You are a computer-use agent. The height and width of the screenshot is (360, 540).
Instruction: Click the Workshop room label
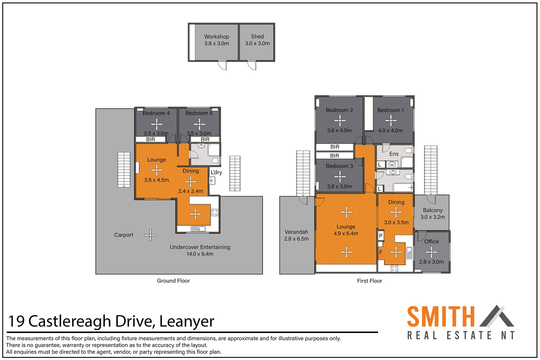coord(217,37)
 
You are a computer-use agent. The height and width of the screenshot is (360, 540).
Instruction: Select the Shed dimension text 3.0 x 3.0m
coord(257,43)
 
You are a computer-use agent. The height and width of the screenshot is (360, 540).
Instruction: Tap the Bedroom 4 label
coord(156,113)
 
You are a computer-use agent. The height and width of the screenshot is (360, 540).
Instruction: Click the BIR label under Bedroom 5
coord(205,139)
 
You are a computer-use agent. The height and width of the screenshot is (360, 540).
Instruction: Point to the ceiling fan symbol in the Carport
coord(150,235)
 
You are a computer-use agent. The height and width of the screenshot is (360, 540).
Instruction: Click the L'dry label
coord(216,172)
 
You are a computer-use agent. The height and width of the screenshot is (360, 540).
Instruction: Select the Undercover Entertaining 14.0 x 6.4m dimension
coord(200,254)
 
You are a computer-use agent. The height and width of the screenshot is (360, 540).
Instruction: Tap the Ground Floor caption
coord(173,281)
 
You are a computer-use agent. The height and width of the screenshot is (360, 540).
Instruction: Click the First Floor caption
coord(370,281)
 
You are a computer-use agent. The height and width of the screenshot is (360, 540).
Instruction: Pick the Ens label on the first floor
coord(394,154)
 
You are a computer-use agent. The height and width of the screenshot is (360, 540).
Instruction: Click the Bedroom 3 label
coord(339,166)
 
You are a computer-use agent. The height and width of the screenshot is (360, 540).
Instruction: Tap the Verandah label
coord(296,232)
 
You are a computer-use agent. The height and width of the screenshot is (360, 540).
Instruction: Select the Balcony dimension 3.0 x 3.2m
coord(433,217)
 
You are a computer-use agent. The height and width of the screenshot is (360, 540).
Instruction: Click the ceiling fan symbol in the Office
coord(431,252)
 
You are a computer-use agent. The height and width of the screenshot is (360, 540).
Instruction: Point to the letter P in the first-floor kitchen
coord(381,236)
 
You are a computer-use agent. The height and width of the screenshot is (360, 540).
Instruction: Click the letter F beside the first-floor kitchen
coord(381,252)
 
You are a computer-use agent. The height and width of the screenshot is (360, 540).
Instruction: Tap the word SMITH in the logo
coord(441,317)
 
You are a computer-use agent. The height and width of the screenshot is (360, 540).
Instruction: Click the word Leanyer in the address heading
coord(187,321)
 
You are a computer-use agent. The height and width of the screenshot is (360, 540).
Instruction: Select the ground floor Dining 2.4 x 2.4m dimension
coord(191,191)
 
